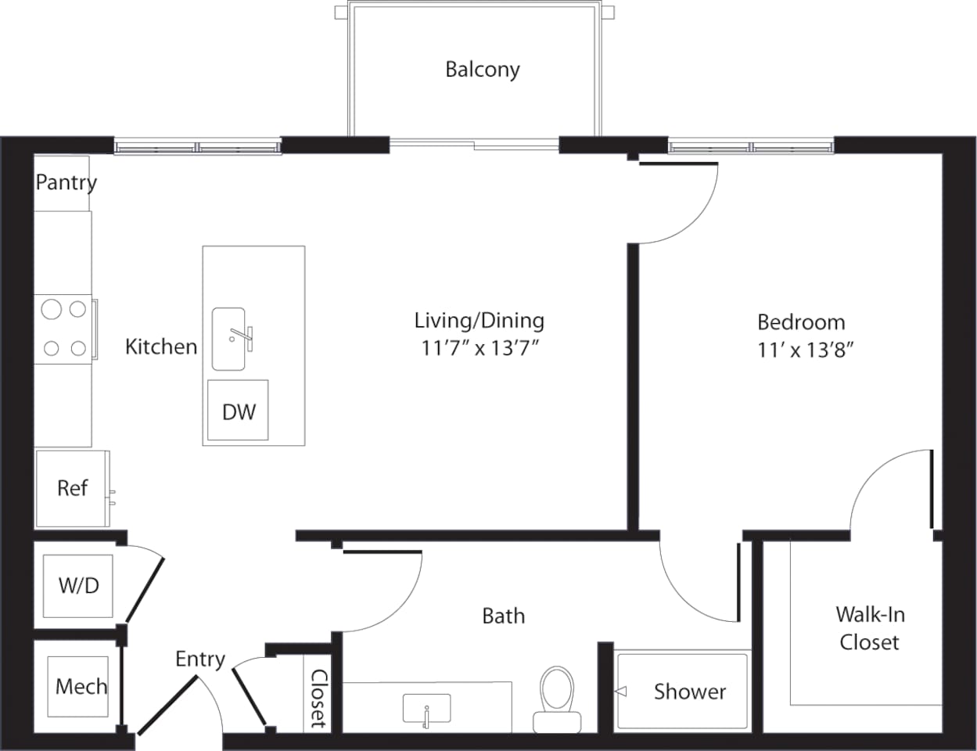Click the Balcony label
pos(482,70)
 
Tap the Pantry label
pos(66,182)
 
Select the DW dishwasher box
pos(238,411)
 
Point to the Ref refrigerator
pos(73,488)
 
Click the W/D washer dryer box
pos(78,585)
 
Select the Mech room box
pos(79,687)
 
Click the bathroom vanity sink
pos(426,709)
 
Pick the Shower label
pos(689,692)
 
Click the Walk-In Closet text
pos(869,628)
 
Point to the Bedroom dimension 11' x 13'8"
pos(804,350)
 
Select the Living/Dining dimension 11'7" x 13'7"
pos(480,348)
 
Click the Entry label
pos(199,659)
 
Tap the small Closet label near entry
pos(318,698)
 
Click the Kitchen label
pos(161,347)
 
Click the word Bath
pos(503,616)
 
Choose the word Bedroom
pos(801,322)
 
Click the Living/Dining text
pos(479,320)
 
